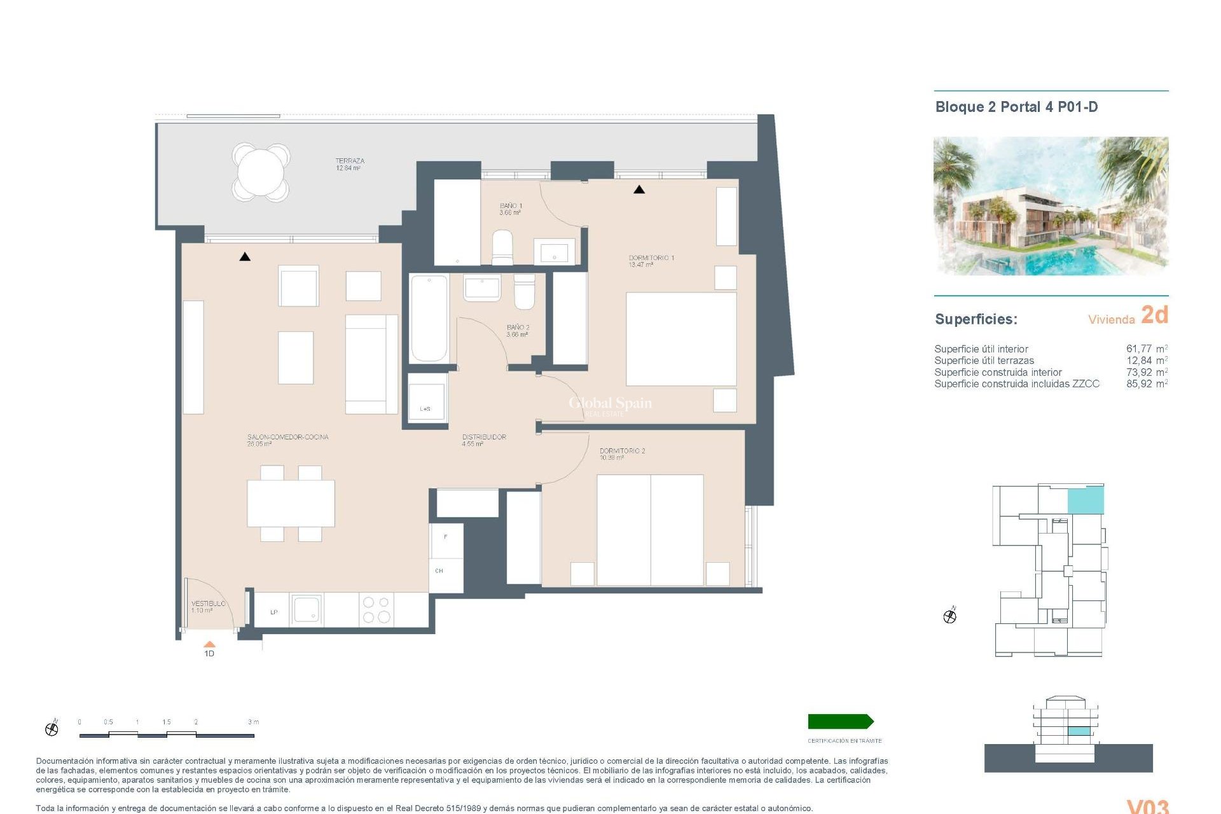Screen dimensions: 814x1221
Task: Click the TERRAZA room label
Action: click(x=349, y=164)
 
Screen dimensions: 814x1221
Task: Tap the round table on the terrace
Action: click(x=261, y=172)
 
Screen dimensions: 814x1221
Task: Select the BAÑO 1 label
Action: click(x=511, y=209)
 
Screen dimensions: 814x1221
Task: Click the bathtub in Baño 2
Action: click(x=429, y=318)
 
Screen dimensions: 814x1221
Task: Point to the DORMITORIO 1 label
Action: click(x=651, y=261)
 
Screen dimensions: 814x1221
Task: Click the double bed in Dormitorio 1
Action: click(x=680, y=338)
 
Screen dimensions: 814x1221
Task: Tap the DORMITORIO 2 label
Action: click(x=621, y=453)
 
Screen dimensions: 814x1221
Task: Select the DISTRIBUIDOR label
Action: click(x=483, y=440)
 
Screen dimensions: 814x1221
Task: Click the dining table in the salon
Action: click(x=291, y=502)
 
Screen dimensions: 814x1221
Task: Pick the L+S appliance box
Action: click(x=426, y=400)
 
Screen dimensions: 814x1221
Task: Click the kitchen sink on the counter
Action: click(x=307, y=609)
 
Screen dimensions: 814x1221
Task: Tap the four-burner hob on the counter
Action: click(x=376, y=609)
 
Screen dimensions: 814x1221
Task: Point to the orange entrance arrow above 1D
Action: click(x=209, y=644)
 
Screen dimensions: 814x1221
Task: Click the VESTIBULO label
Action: click(x=208, y=606)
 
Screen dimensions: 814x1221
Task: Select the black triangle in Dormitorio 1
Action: click(x=639, y=190)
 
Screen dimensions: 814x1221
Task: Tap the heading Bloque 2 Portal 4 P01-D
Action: click(x=1016, y=107)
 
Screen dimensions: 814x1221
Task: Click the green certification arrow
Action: click(x=840, y=721)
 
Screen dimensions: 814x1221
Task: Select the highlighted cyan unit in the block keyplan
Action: click(x=1085, y=500)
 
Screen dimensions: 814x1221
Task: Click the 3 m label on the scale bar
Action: click(x=253, y=722)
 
